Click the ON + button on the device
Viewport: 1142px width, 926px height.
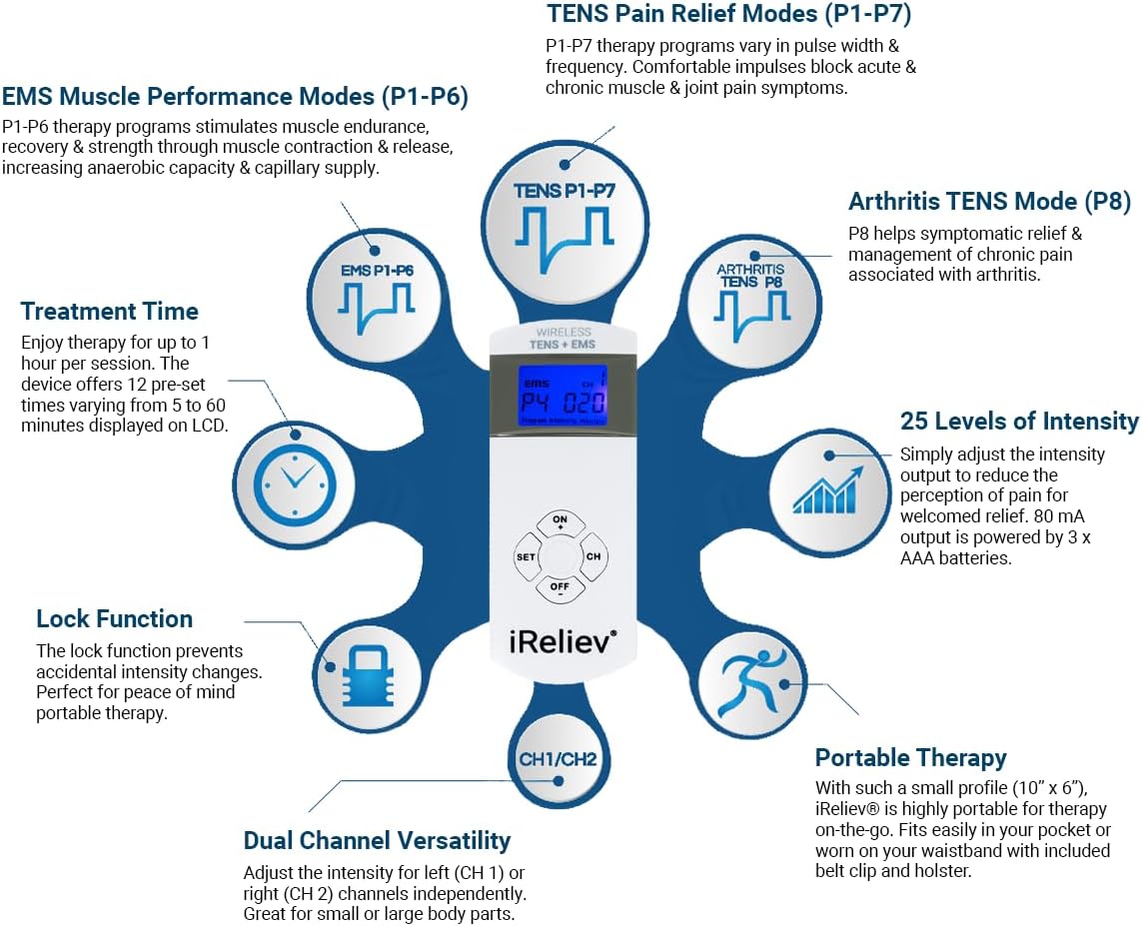click(x=561, y=522)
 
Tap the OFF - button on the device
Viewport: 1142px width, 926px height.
click(x=561, y=589)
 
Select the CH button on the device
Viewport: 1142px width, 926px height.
click(x=592, y=557)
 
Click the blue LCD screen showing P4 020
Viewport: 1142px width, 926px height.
click(x=562, y=396)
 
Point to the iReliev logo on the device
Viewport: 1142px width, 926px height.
click(x=563, y=642)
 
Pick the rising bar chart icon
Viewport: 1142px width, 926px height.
click(x=827, y=489)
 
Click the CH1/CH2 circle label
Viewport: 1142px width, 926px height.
click(x=558, y=759)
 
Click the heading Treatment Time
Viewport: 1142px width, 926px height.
click(x=109, y=311)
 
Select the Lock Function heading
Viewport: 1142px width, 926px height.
click(x=114, y=618)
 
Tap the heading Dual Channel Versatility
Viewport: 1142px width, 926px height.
click(x=378, y=840)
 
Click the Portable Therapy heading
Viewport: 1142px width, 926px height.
click(x=910, y=758)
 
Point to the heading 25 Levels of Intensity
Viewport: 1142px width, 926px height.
click(x=1019, y=421)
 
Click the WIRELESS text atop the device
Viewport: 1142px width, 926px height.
click(x=564, y=332)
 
